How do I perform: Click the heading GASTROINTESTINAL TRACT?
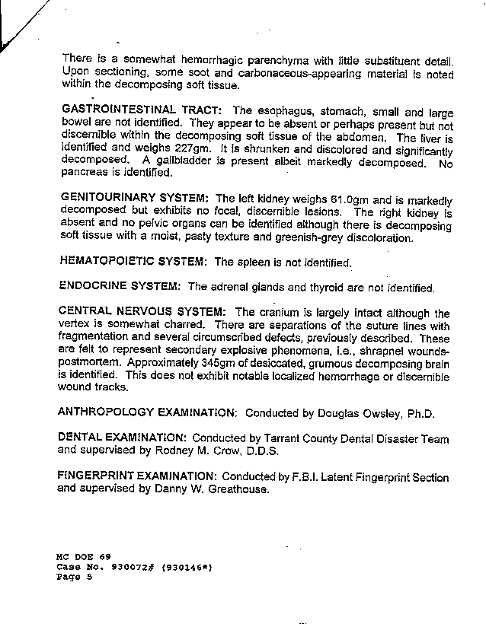142,111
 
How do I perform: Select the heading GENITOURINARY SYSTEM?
134,197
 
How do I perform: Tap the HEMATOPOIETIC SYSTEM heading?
133,261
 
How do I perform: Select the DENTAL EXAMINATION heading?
123,438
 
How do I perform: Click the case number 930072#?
131,568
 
